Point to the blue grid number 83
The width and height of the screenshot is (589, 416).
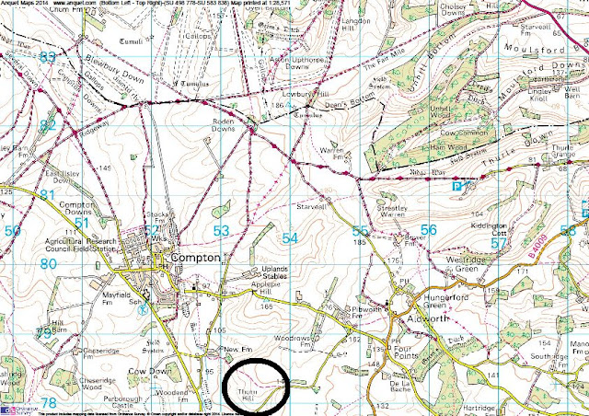pos(48,57)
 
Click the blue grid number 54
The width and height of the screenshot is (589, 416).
pos(291,237)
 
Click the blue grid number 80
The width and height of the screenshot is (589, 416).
pos(48,264)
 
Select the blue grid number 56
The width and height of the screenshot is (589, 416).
pos(428,229)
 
